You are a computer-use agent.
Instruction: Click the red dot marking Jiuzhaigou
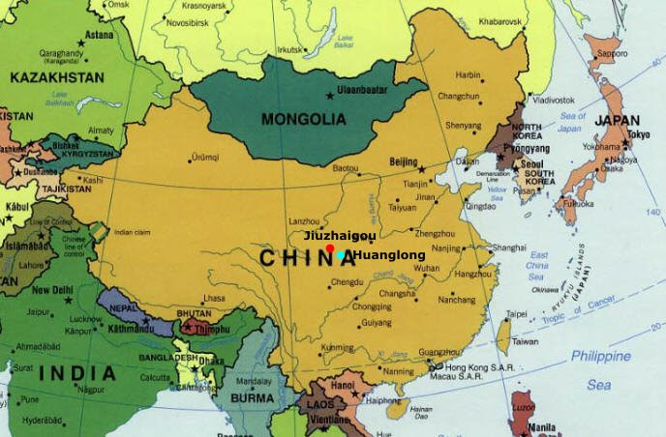330,248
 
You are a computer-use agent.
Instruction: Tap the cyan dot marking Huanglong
342,255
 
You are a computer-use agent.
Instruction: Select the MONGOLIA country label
304,120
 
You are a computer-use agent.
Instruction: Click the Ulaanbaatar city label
363,91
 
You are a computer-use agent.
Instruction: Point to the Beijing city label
403,161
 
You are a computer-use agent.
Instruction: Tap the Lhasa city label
214,299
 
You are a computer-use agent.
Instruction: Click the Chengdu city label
347,282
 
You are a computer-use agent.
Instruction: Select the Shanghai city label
508,248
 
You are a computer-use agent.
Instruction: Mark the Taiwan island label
525,341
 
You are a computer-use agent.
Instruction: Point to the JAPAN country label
617,121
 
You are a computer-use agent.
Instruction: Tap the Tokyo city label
638,134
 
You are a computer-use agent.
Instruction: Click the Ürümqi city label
205,157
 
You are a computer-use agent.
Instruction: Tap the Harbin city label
468,74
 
